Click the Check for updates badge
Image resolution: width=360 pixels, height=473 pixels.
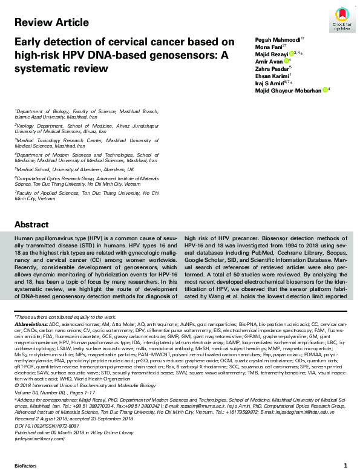coord(342,21)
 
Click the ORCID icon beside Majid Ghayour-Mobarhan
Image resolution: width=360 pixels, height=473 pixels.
coord(325,90)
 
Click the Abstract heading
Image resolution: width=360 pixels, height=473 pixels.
coord(31,224)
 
